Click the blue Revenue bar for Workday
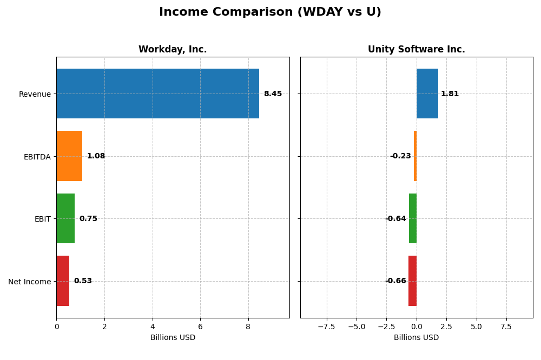click(x=157, y=94)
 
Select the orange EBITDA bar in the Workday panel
click(x=69, y=156)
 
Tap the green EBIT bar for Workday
click(x=65, y=218)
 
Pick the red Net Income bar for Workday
click(x=63, y=281)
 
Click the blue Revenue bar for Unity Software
click(x=427, y=94)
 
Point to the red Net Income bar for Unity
click(x=412, y=281)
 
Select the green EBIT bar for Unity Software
click(x=413, y=218)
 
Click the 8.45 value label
click(x=273, y=94)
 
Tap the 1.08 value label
click(x=96, y=156)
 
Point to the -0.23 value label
click(x=400, y=156)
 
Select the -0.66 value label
click(x=395, y=281)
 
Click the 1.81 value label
click(x=450, y=94)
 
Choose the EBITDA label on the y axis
click(x=37, y=157)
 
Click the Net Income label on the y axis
click(x=29, y=282)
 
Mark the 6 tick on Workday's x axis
click(x=200, y=327)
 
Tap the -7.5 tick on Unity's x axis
click(x=326, y=327)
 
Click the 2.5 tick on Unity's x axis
click(x=446, y=327)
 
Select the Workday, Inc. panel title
click(x=173, y=50)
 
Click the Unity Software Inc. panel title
click(x=416, y=50)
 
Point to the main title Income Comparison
click(x=270, y=12)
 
